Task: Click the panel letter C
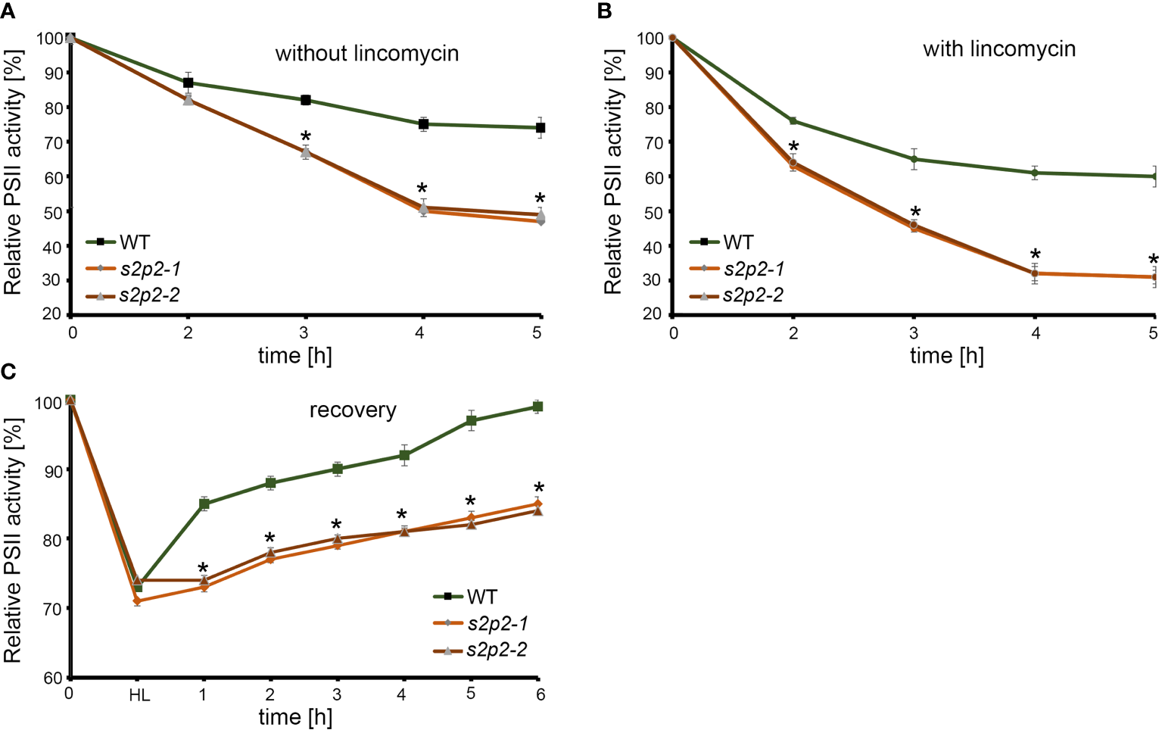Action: point(8,371)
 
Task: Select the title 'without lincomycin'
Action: point(366,54)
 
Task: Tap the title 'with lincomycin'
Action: point(998,49)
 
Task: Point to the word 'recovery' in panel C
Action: point(353,410)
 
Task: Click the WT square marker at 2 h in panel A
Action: point(188,83)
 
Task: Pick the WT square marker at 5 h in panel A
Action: point(541,128)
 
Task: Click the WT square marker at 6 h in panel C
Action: point(538,407)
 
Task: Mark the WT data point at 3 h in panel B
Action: point(914,159)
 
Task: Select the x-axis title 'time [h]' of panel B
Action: point(946,356)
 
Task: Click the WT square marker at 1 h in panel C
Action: point(204,504)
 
